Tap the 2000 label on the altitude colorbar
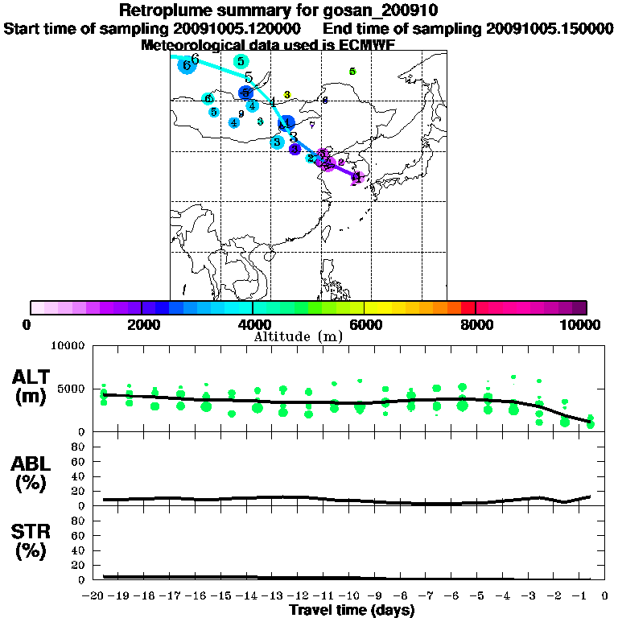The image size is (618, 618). coord(141,324)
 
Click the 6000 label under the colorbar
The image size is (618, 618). coord(364,324)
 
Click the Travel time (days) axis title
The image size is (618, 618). coord(352,611)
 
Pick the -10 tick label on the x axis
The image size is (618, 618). coord(352,596)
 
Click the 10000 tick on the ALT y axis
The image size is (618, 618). coord(69,347)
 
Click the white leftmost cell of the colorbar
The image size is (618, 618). coord(37,307)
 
